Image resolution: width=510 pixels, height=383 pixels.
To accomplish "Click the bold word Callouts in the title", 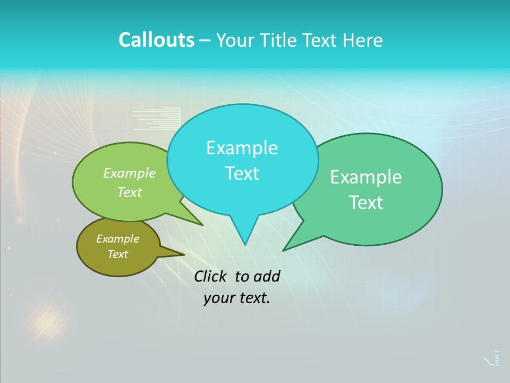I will (x=156, y=40).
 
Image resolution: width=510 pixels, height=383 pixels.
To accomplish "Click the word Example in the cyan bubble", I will (x=242, y=148).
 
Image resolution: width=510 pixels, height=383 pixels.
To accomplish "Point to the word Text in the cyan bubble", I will (x=242, y=173).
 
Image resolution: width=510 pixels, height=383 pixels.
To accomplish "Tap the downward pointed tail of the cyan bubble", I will (x=244, y=231).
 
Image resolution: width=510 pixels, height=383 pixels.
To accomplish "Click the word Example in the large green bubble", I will (x=366, y=177).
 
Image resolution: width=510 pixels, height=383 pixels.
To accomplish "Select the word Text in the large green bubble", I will (x=366, y=203).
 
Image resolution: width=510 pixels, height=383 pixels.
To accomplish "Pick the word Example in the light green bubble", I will (x=130, y=173).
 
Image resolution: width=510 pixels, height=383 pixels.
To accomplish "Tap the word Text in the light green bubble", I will (x=130, y=192).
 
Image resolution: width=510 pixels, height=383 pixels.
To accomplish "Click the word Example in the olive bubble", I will (x=117, y=239).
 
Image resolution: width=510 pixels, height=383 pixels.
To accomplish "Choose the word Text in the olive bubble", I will (x=117, y=254).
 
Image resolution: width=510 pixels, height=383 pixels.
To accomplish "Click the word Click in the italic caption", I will (x=210, y=276).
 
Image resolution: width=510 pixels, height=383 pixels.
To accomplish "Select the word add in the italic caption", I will (x=267, y=276).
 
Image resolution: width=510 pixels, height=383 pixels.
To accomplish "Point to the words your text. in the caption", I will (x=237, y=298).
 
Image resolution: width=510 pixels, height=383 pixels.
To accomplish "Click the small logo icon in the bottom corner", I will (x=492, y=359).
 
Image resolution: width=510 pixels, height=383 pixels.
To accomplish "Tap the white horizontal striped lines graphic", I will (x=157, y=119).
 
